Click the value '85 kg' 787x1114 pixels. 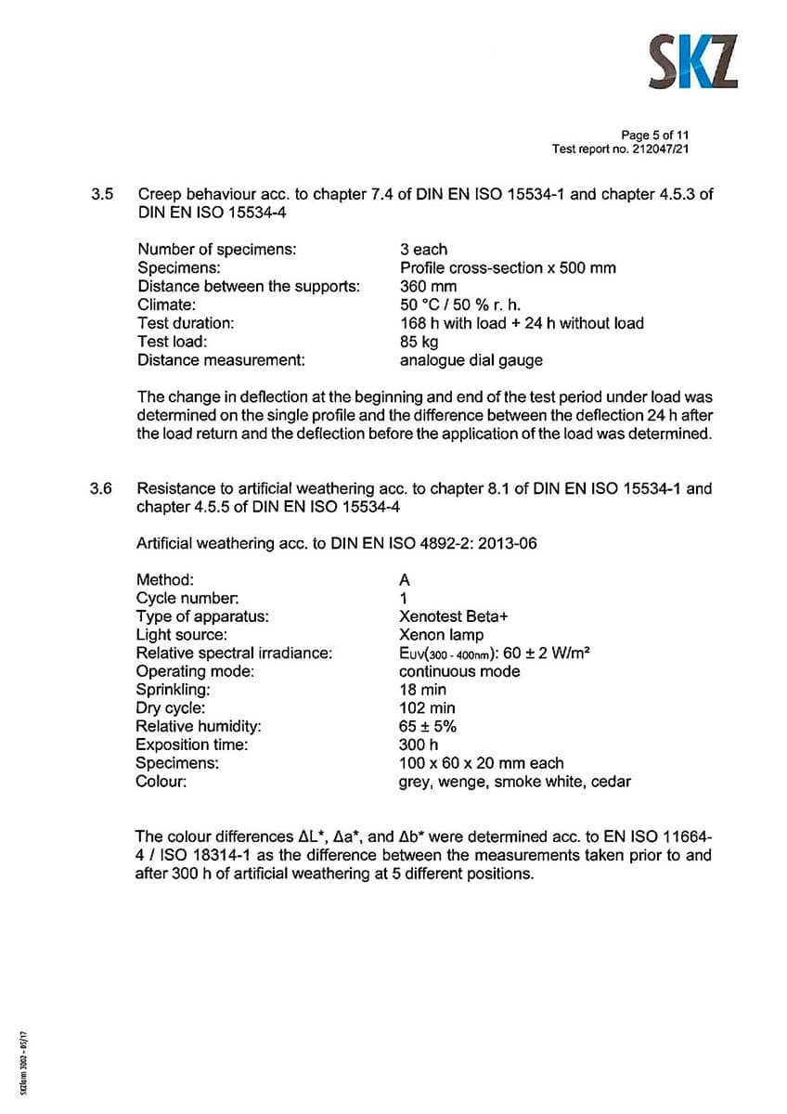(419, 342)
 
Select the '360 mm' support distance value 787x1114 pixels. (428, 286)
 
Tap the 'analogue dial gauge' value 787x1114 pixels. (471, 360)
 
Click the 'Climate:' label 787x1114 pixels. (166, 304)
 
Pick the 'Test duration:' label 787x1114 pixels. (186, 323)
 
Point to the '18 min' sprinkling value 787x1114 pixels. (422, 690)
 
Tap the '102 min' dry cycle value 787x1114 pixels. (427, 708)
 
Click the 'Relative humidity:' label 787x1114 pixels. (199, 726)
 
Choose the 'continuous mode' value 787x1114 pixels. (459, 671)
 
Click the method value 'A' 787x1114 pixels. (405, 579)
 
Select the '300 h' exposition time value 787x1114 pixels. (419, 745)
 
